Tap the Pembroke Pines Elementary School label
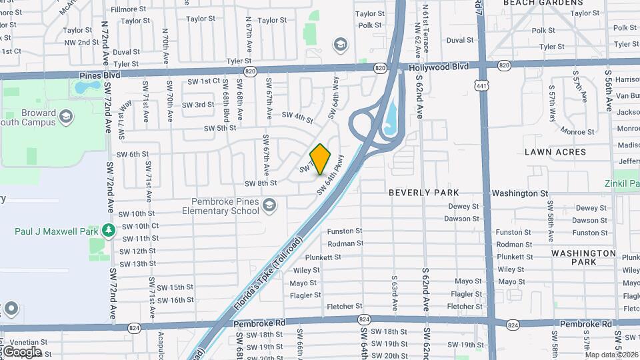click(x=215, y=206)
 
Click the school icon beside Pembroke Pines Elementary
click(x=270, y=204)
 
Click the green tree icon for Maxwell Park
click(x=109, y=230)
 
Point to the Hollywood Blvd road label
click(x=439, y=67)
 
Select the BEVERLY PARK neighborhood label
click(x=424, y=193)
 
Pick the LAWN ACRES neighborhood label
click(x=555, y=152)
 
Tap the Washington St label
click(x=519, y=193)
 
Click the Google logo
click(x=22, y=352)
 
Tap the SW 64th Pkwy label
click(x=330, y=175)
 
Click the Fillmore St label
click(x=128, y=9)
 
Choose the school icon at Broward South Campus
click(x=65, y=117)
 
